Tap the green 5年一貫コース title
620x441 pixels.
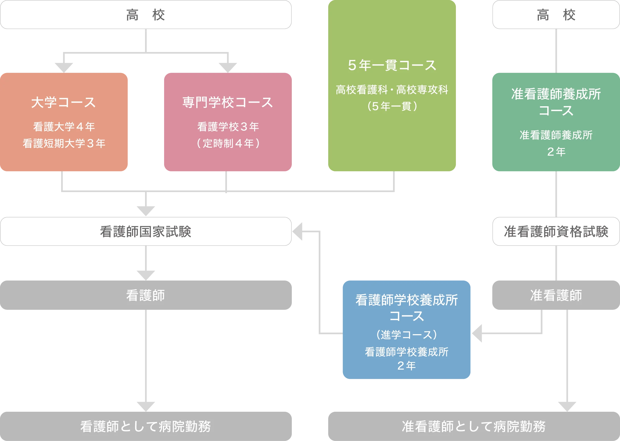click(392, 65)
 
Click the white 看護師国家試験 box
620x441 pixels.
click(146, 232)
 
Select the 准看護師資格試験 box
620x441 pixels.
click(556, 232)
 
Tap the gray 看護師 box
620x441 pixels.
click(146, 296)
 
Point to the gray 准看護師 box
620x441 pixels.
click(556, 296)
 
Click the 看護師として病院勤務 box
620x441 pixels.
click(146, 426)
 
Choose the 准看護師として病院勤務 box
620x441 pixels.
click(474, 426)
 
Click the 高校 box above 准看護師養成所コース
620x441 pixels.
click(556, 15)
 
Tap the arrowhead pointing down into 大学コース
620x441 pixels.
click(65, 67)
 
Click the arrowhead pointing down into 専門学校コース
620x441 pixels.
click(228, 67)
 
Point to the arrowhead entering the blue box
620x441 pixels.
click(477, 333)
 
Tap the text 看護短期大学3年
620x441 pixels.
click(64, 143)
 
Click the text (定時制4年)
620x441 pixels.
click(228, 143)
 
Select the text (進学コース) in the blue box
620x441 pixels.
click(406, 335)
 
